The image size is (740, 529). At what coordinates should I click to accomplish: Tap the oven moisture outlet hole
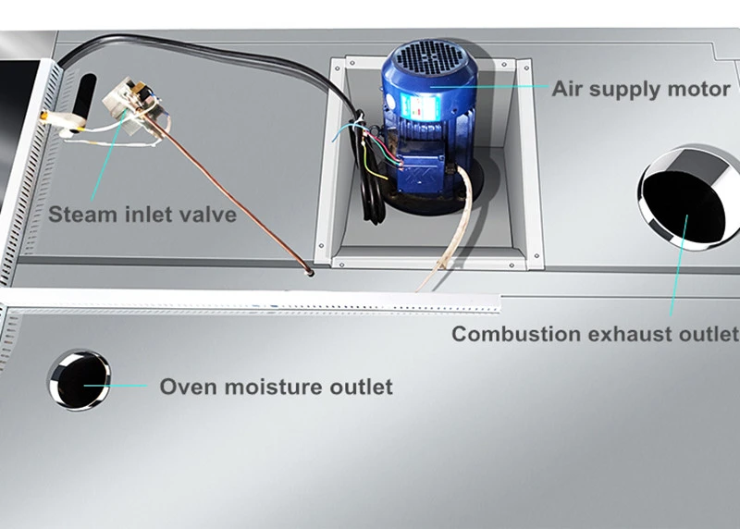click(79, 380)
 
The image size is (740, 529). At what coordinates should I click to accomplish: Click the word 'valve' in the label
click(207, 215)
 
